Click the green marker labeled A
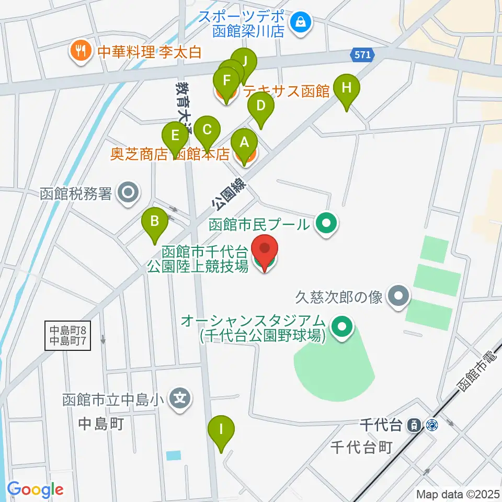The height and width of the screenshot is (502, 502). (244, 143)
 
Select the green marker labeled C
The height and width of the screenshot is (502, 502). (207, 130)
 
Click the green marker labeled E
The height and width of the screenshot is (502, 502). (175, 137)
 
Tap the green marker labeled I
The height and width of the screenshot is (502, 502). (221, 430)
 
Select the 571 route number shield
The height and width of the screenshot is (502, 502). (361, 54)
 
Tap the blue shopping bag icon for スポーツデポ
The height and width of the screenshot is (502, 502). (301, 22)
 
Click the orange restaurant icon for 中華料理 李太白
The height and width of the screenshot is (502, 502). (80, 51)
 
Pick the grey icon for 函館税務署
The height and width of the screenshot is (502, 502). (127, 193)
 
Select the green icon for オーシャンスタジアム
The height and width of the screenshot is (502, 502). (342, 328)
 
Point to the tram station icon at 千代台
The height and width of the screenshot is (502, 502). (413, 425)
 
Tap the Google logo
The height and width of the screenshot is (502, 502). (35, 490)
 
